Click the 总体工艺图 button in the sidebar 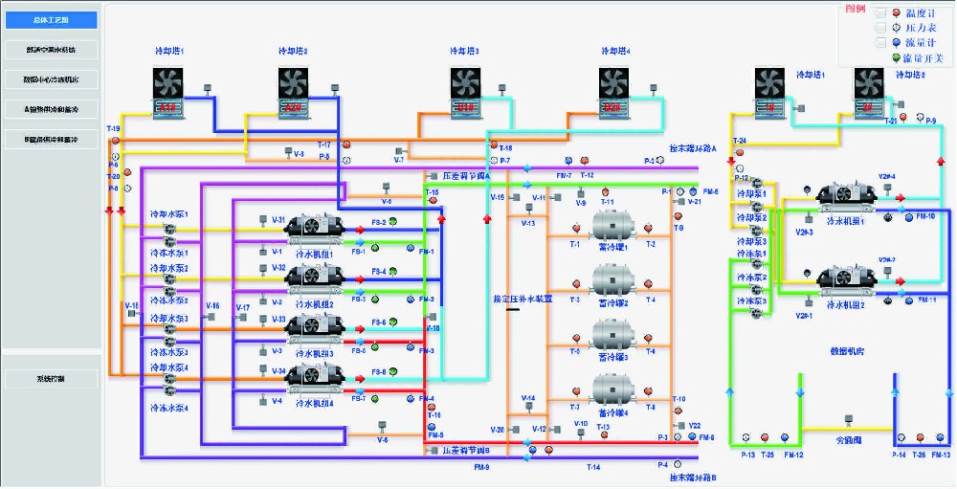(52, 19)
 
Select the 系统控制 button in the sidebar (52, 378)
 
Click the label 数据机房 (846, 351)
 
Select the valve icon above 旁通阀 (847, 418)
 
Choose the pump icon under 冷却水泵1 (168, 228)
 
